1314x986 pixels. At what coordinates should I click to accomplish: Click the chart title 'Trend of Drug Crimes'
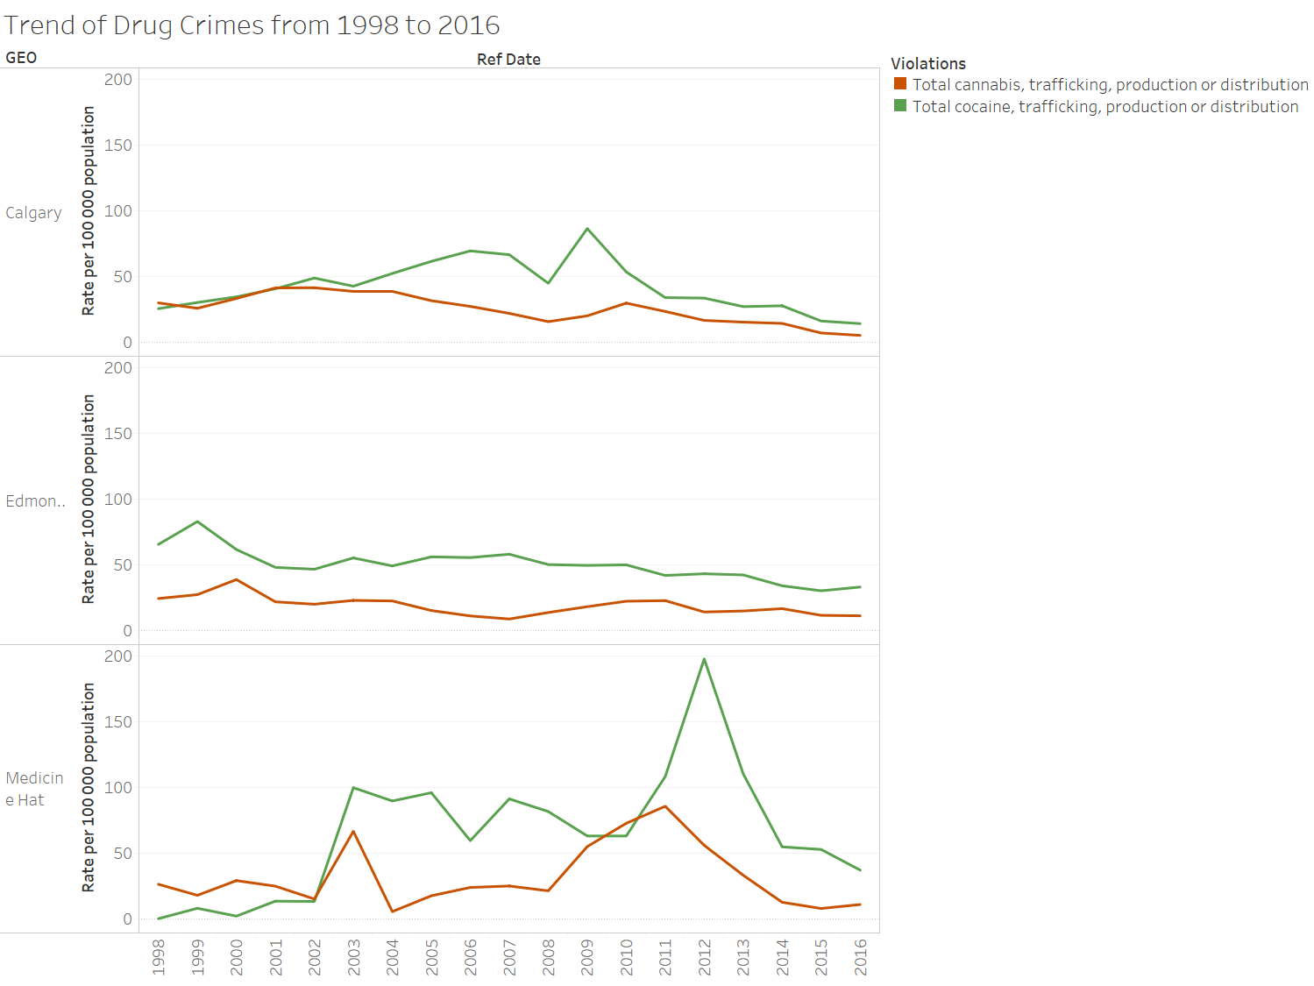point(252,25)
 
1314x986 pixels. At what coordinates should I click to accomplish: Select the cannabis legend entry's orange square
point(899,84)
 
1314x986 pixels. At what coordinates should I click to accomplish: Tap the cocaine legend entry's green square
point(899,106)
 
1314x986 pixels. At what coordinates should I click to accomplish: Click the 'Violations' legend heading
point(927,64)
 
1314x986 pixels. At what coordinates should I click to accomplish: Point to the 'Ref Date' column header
point(508,60)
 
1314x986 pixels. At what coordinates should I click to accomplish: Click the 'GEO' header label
point(21,58)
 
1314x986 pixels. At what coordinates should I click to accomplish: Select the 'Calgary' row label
point(33,213)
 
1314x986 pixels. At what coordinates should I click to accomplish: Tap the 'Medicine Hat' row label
point(34,789)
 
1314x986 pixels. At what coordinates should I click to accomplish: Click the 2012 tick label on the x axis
point(705,957)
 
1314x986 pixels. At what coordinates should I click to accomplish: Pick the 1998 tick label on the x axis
point(159,957)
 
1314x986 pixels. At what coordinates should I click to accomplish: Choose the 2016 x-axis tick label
point(861,957)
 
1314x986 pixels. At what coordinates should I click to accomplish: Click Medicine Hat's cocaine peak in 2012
point(704,659)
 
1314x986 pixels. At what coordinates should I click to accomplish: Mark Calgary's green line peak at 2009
point(587,229)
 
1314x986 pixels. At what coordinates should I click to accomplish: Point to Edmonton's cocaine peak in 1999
point(198,521)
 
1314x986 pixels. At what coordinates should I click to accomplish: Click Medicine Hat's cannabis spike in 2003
point(353,831)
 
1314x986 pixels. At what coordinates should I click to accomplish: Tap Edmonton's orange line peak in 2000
point(237,579)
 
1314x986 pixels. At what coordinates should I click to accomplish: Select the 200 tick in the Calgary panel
point(118,80)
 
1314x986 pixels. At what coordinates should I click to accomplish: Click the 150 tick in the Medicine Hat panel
point(118,722)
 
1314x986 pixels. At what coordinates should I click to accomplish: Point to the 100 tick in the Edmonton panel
point(118,500)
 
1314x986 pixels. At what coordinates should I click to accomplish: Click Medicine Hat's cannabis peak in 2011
point(665,806)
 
